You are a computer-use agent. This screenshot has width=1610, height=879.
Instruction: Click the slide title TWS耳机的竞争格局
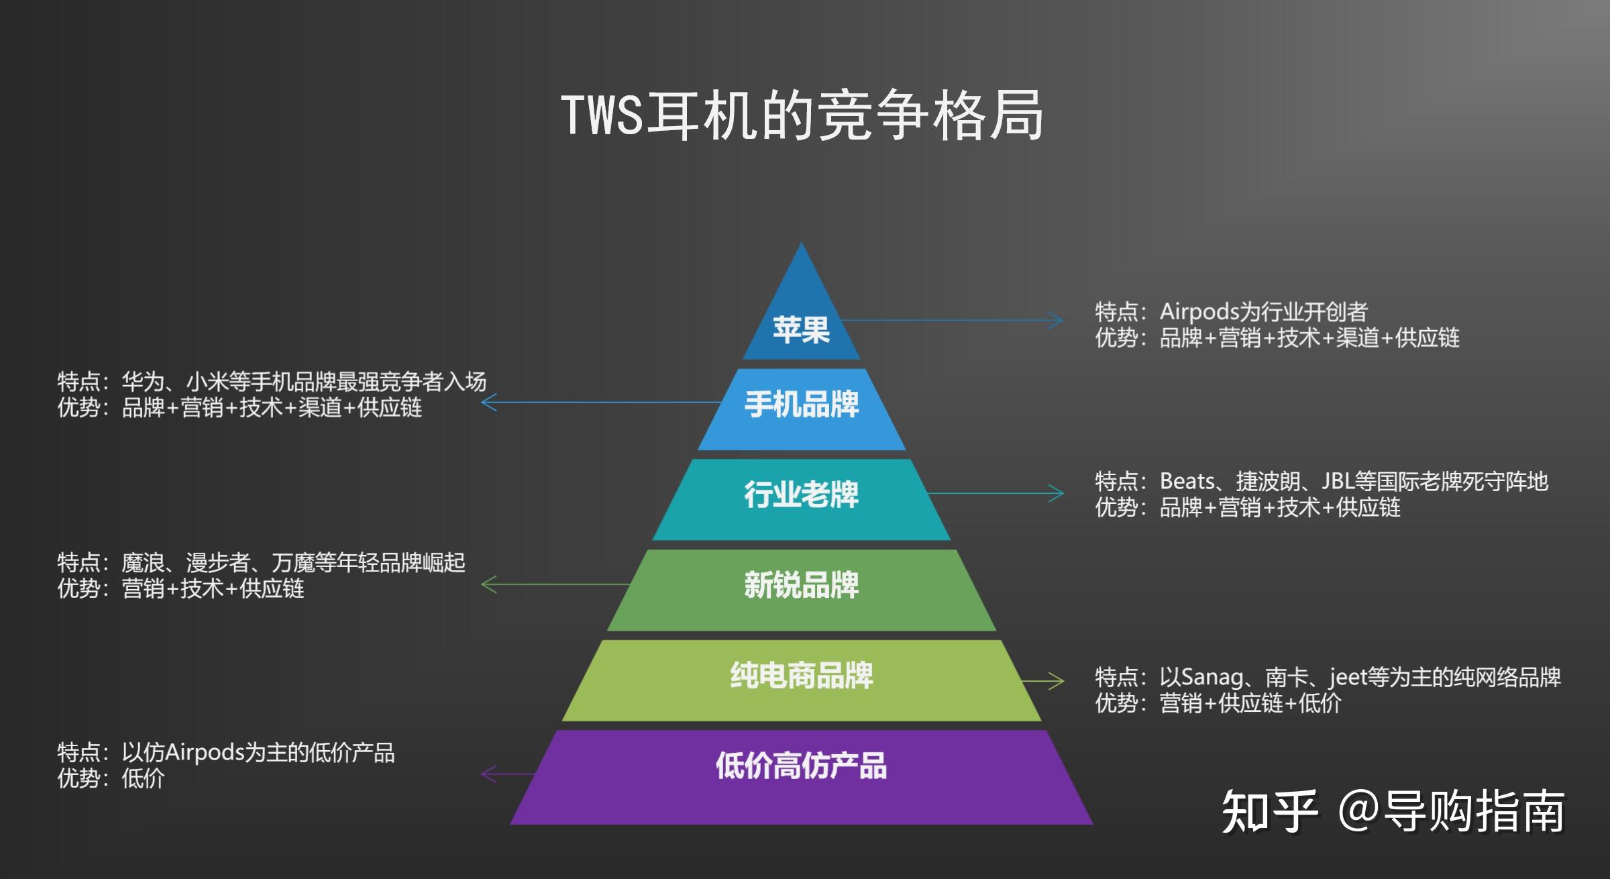coord(802,115)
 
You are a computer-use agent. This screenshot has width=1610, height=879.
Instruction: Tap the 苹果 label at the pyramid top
coord(801,330)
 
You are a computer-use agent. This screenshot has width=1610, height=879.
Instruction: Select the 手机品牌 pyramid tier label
coord(801,405)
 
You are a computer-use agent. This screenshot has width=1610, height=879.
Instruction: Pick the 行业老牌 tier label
coord(801,495)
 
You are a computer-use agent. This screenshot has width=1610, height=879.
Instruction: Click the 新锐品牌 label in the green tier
coord(801,585)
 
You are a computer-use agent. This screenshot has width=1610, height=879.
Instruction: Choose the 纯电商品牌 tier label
coord(801,676)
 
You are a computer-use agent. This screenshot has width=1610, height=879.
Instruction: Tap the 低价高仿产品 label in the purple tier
coord(801,766)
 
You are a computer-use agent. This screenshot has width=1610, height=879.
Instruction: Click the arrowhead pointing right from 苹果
coord(1057,320)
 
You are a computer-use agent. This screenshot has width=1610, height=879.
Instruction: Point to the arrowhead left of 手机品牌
coord(488,403)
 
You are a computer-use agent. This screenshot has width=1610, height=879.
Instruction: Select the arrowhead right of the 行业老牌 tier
coord(1057,494)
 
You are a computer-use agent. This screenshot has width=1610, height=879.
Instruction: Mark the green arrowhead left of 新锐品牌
coord(488,584)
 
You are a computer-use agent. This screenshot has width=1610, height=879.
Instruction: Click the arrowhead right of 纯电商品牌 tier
coord(1057,681)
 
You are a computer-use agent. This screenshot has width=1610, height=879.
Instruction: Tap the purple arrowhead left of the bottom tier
coord(488,774)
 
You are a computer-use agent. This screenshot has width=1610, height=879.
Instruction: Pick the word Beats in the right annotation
coord(1187,482)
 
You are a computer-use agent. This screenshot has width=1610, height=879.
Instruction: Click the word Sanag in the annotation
coord(1212,677)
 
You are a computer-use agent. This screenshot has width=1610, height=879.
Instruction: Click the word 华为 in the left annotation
coord(143,382)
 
